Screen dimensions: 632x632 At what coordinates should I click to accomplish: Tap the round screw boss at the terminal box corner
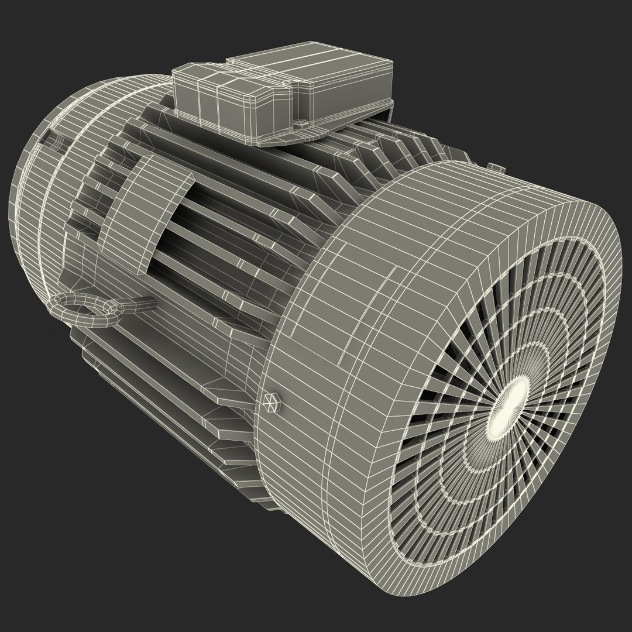pos(301,124)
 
